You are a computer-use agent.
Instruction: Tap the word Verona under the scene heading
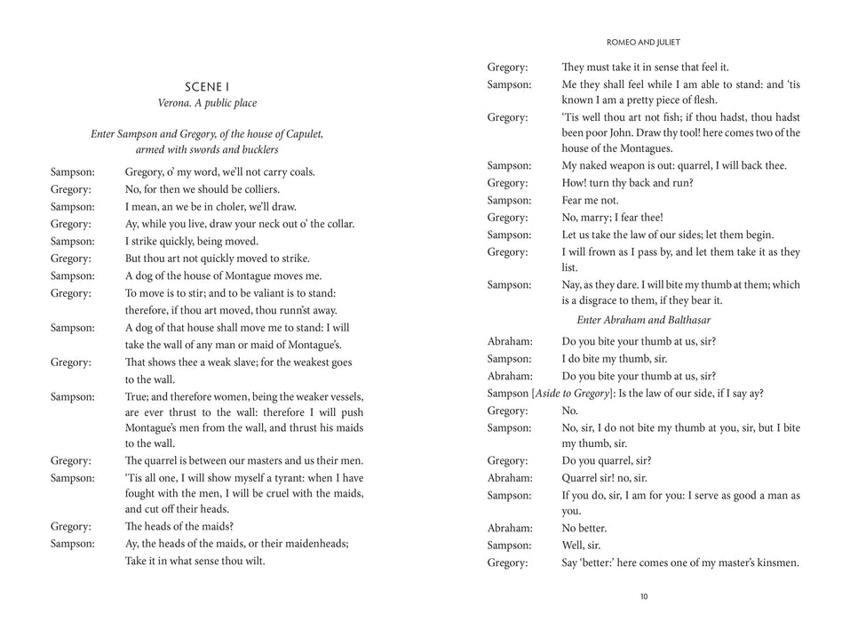[177, 103]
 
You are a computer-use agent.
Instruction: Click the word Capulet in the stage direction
[302, 134]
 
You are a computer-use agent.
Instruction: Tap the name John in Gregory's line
[637, 133]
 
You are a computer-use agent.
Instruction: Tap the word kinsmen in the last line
[776, 562]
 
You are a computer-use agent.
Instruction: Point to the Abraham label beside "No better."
[510, 528]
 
